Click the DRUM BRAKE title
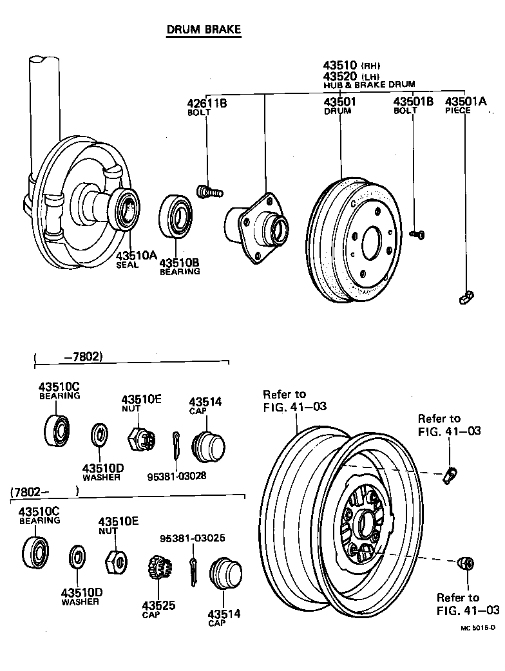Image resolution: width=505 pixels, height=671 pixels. click(204, 30)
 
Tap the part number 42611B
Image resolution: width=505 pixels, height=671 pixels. click(207, 103)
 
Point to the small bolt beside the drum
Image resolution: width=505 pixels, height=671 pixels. click(416, 234)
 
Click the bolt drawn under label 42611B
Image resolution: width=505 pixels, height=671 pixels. click(207, 191)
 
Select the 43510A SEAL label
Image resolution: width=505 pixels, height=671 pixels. click(137, 259)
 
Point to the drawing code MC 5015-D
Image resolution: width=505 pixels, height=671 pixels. click(477, 627)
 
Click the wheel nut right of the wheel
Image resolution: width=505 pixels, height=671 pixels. click(466, 564)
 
